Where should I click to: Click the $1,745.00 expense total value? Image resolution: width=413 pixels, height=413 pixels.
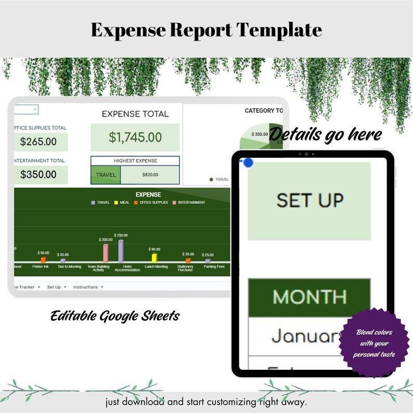click(135, 137)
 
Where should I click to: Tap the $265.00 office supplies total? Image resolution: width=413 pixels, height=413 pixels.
click(38, 141)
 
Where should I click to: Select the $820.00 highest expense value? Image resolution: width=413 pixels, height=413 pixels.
click(150, 175)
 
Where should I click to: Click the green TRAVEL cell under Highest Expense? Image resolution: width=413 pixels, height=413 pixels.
click(106, 175)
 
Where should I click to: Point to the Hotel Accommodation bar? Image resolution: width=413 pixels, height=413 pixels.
click(121, 251)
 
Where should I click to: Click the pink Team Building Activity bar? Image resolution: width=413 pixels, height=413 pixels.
click(106, 253)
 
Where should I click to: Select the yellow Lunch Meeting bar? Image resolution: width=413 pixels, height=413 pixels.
click(154, 257)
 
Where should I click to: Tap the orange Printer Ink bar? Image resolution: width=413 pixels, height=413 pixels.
click(43, 259)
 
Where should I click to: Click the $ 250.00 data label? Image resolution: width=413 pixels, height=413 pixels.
click(121, 235)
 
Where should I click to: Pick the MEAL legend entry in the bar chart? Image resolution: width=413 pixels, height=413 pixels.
click(122, 202)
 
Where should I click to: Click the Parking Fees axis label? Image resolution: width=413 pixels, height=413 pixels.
click(208, 267)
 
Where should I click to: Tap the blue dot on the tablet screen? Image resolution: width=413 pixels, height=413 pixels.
click(248, 162)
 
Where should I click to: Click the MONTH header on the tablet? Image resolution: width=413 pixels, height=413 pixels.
click(309, 297)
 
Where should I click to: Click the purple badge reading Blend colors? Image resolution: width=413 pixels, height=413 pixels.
click(374, 343)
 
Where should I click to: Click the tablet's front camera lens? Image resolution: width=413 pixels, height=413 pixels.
click(306, 154)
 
